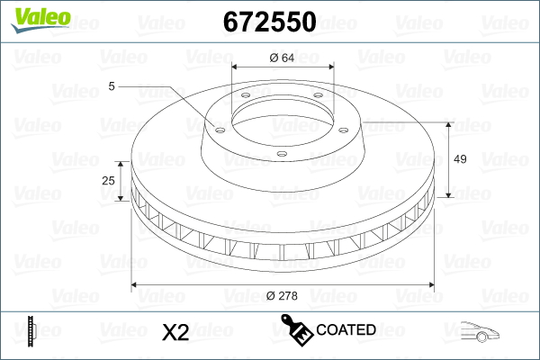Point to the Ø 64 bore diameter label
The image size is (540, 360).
tap(282, 58)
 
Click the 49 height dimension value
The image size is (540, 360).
tap(459, 159)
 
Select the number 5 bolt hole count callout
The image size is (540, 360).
tap(112, 86)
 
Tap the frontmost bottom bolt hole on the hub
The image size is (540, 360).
tap(281, 154)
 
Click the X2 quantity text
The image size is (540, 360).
tap(174, 332)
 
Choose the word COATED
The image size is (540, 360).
tap(346, 330)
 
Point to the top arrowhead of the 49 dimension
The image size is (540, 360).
tap(448, 123)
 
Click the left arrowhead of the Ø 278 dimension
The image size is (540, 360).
tap(136, 285)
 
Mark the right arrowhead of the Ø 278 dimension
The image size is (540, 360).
tap(429, 285)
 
